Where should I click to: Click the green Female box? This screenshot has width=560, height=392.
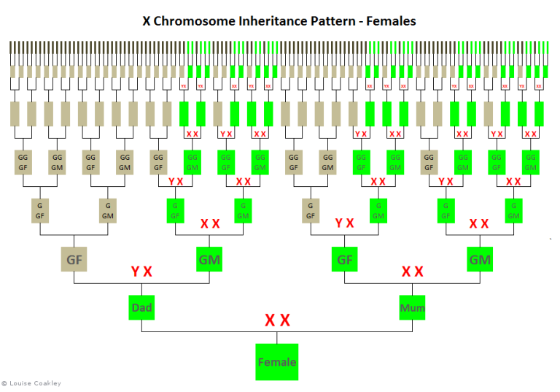pyautogui.click(x=276, y=361)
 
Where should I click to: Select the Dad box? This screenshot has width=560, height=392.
pyautogui.click(x=141, y=307)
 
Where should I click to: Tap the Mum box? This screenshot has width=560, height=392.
pyautogui.click(x=412, y=307)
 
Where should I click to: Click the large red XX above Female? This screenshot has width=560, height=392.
pyautogui.click(x=277, y=320)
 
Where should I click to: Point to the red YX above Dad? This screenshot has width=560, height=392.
pyautogui.click(x=141, y=272)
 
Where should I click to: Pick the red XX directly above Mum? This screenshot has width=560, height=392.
pyautogui.click(x=412, y=272)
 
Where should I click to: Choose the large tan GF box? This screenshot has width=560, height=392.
pyautogui.click(x=74, y=259)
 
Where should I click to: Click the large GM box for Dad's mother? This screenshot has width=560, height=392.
pyautogui.click(x=210, y=259)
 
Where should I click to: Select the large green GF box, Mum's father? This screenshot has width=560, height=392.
pyautogui.click(x=344, y=259)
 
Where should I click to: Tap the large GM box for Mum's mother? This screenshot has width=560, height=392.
pyautogui.click(x=480, y=259)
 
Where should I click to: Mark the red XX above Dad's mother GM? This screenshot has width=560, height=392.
pyautogui.click(x=210, y=223)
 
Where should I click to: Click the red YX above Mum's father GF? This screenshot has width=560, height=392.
pyautogui.click(x=344, y=223)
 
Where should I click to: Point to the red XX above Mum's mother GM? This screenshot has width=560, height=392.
pyautogui.click(x=480, y=223)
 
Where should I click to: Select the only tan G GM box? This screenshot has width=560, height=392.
pyautogui.click(x=108, y=210)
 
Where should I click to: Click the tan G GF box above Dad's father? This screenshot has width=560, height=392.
pyautogui.click(x=40, y=210)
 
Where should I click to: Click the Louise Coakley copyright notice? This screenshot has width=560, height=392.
pyautogui.click(x=33, y=383)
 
